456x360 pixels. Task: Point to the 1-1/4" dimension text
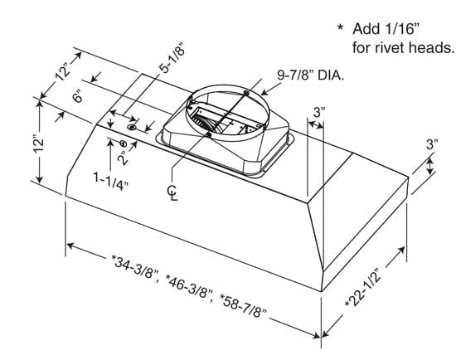pos(109,178)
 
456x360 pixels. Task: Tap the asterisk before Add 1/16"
pos(340,27)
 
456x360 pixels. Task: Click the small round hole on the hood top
pos(133,129)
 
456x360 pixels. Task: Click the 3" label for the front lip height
pos(432,144)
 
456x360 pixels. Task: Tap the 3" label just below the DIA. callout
pos(319,111)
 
